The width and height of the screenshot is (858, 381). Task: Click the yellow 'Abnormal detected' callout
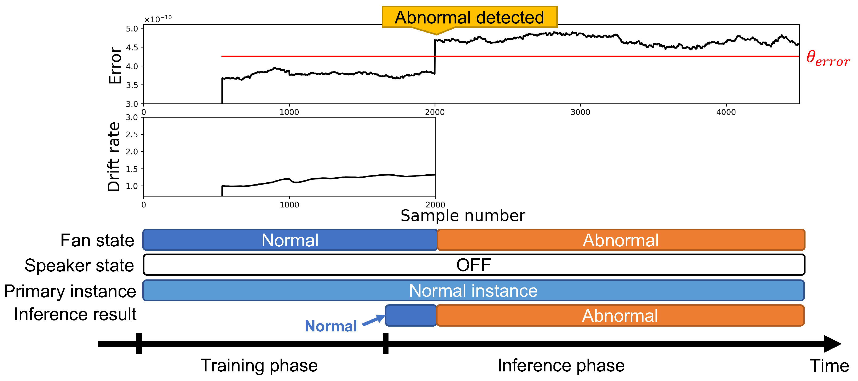[469, 17]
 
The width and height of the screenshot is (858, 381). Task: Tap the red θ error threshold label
[828, 59]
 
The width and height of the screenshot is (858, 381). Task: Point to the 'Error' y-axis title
[115, 65]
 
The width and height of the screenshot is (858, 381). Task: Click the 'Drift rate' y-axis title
[114, 157]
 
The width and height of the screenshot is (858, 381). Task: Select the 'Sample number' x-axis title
[462, 216]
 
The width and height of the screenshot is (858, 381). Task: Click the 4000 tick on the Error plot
[726, 112]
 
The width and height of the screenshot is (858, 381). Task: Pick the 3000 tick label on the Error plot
[580, 112]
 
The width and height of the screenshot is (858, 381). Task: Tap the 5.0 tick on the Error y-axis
[132, 29]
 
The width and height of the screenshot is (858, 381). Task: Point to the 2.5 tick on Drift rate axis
[132, 134]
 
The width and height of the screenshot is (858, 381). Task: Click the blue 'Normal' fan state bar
[290, 240]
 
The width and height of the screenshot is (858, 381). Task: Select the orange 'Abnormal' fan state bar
[621, 240]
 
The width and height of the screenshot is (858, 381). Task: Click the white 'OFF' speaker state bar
[474, 265]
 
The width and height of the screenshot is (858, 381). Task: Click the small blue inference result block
[411, 315]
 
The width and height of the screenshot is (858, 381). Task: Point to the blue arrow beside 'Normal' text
[373, 320]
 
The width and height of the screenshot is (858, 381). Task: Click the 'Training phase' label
[259, 366]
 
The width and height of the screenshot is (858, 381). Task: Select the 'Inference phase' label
[561, 366]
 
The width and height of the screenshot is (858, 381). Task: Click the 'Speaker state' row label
[79, 266]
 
